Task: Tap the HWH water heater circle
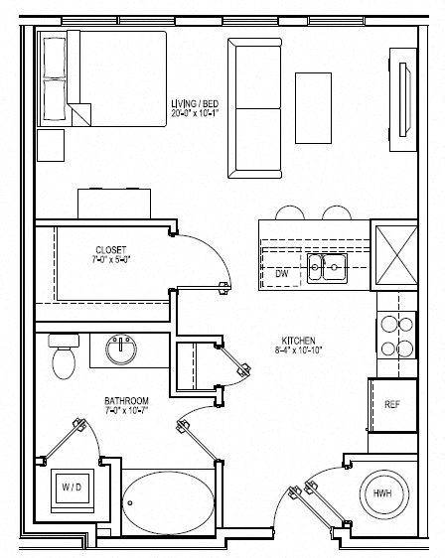pyautogui.click(x=381, y=492)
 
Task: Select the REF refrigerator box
pyautogui.click(x=391, y=405)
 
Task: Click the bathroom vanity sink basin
pyautogui.click(x=123, y=348)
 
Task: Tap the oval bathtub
pyautogui.click(x=167, y=495)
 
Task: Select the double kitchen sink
pyautogui.click(x=326, y=266)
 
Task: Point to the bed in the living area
pyautogui.click(x=101, y=78)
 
